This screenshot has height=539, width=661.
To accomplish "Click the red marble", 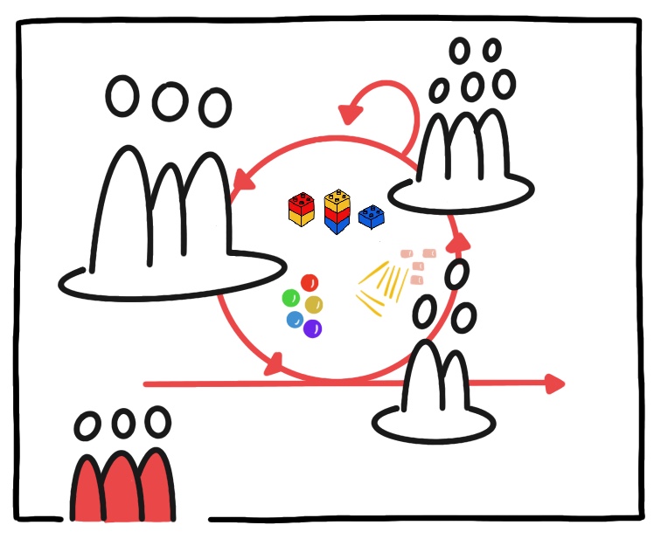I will [310, 283].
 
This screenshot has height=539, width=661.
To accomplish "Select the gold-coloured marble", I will [315, 304].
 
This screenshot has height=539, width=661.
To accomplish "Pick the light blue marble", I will [295, 320].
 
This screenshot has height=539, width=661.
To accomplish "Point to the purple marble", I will [312, 328].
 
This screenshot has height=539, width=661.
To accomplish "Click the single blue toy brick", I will [372, 216].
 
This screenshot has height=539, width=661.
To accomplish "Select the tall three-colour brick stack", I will [337, 211].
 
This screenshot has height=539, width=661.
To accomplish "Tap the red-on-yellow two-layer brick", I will [301, 210].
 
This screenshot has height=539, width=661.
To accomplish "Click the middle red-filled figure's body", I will [124, 489].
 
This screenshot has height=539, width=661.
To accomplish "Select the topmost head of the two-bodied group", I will [456, 274].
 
